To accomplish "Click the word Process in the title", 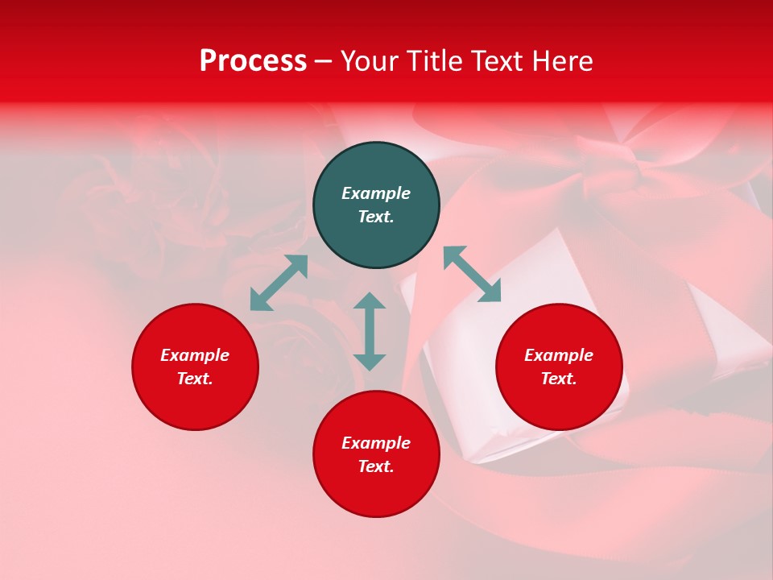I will [253, 61].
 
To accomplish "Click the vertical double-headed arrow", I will [370, 331].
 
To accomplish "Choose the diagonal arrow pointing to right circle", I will [473, 274].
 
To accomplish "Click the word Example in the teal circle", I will [376, 193].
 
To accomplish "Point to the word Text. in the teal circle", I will [376, 217].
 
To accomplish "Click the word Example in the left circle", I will [195, 355].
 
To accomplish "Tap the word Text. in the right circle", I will [559, 379].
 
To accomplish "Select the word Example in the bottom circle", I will [376, 443].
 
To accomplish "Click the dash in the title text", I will [324, 62].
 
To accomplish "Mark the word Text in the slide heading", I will [497, 61].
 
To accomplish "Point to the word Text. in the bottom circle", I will [376, 466].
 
